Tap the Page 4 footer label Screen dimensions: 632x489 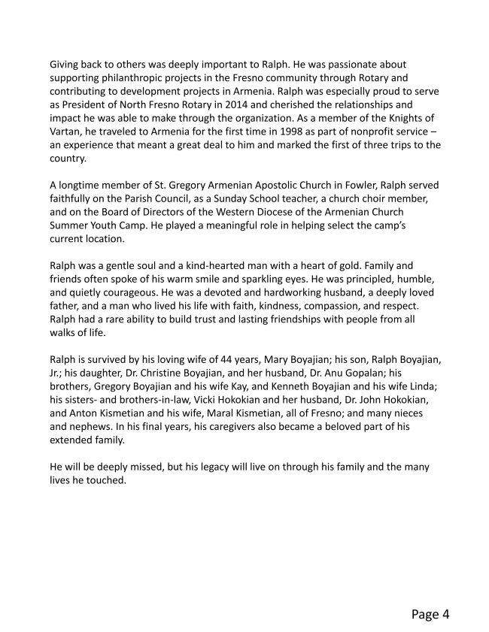coord(430,614)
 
